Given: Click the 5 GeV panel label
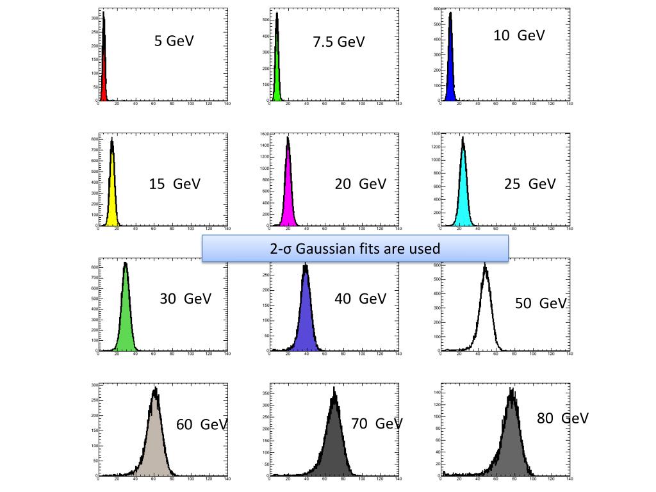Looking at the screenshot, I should click(174, 41).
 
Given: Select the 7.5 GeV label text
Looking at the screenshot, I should click(338, 42).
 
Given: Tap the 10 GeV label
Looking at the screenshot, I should click(519, 36).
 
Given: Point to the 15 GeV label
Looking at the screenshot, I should click(174, 184).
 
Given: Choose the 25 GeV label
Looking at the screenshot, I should click(529, 184).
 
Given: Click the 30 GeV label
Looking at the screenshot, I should click(185, 299).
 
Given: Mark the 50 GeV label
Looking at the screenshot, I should click(541, 303).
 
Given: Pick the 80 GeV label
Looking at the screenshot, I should click(562, 419).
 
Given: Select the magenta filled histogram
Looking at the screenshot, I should click(288, 192).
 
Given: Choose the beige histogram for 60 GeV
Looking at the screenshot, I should click(155, 442).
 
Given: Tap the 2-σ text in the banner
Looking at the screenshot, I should click(282, 249).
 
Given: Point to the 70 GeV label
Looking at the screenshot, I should click(377, 424).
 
